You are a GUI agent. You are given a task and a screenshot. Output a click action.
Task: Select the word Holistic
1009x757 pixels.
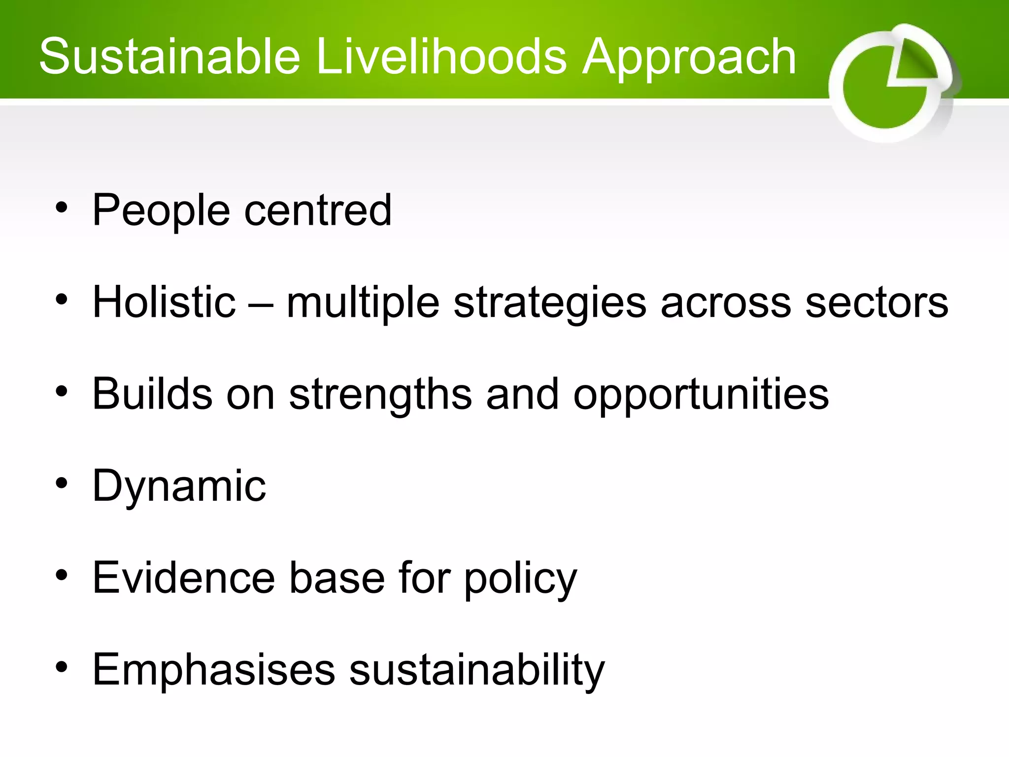pos(164,302)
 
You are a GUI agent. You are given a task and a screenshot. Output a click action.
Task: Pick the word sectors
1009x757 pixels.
pos(876,303)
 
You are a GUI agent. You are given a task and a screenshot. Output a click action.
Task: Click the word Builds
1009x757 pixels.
pos(152,394)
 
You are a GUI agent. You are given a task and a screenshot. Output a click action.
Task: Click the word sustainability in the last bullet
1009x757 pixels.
pos(477,670)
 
